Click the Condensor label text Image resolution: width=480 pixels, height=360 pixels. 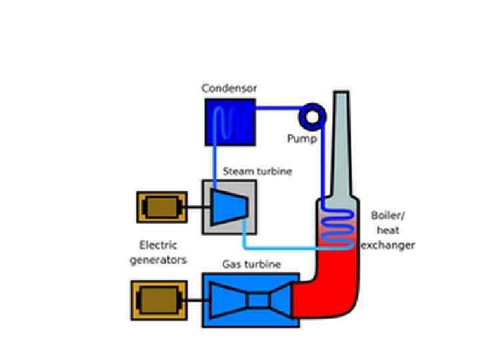pos(229,89)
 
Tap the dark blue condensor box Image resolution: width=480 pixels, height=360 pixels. pos(229,121)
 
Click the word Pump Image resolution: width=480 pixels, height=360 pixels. pos(301,139)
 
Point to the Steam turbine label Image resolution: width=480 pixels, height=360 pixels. pos(257,171)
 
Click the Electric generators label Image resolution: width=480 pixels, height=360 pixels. pos(158,252)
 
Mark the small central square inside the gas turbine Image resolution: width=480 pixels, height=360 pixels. pos(257,301)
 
